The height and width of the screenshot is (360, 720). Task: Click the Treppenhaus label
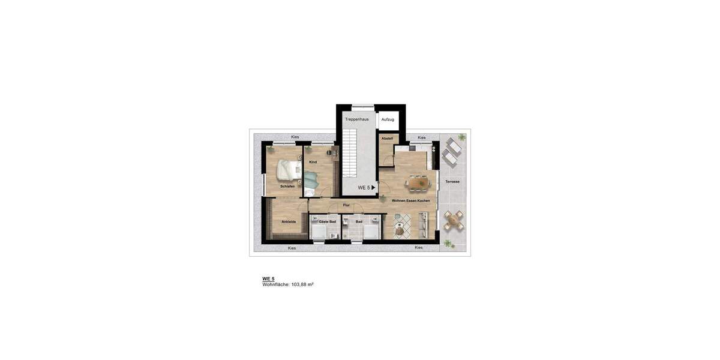(x=356, y=119)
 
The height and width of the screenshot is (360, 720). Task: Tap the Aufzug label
(x=388, y=119)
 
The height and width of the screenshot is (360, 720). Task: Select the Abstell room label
(x=387, y=139)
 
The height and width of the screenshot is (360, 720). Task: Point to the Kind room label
(x=313, y=162)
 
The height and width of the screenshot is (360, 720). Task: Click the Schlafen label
(x=287, y=187)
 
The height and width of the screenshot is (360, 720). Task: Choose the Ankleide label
(x=289, y=222)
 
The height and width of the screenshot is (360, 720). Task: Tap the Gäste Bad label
(x=327, y=221)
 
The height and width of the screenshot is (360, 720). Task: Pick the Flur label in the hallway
(x=346, y=205)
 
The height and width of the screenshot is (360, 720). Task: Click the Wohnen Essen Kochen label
(x=410, y=200)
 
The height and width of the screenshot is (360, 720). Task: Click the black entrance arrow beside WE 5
(x=374, y=188)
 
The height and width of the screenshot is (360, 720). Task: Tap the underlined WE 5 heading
(x=268, y=278)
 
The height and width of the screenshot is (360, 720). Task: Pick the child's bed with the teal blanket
(x=310, y=180)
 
